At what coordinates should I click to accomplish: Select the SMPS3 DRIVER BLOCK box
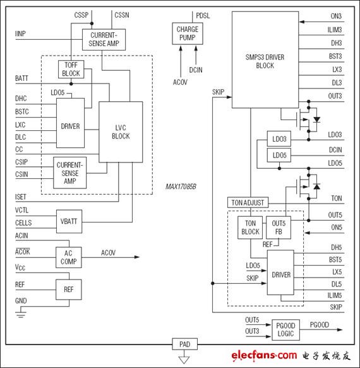pos(265,61)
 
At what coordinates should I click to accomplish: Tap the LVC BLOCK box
pos(121,132)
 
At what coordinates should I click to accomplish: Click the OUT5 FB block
pos(279,227)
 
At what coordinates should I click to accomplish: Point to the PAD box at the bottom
pos(184,345)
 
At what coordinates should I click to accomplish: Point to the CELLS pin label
pos(24,223)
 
